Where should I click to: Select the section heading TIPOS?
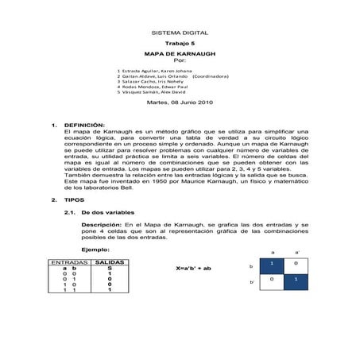74,199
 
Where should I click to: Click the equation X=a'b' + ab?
193,269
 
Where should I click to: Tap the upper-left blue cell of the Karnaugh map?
272,263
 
